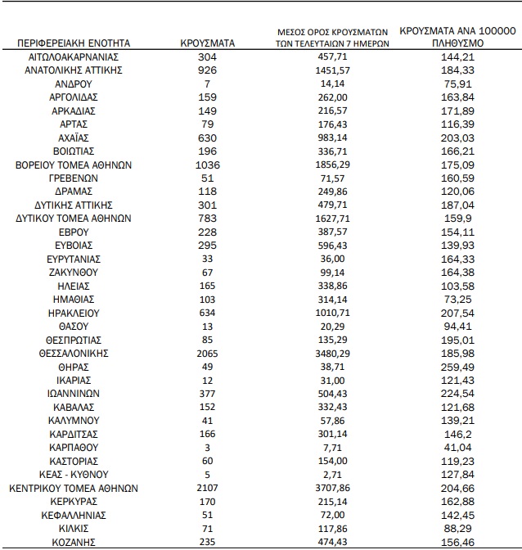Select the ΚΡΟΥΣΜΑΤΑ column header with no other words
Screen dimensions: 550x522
pos(207,42)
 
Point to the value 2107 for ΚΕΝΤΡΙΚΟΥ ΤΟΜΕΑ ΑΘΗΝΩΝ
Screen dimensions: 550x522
pos(207,488)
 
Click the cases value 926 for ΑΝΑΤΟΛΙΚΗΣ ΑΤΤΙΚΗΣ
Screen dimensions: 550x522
pos(207,70)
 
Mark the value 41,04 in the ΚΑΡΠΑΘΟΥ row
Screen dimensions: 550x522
pos(457,448)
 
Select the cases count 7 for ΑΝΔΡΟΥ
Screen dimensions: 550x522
pos(207,84)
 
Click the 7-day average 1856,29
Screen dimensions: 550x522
pos(332,165)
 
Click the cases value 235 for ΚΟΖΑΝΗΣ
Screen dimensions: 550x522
pos(207,542)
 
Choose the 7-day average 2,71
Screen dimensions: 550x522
pos(332,475)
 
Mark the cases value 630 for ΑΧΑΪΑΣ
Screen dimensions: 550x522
pos(207,137)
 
